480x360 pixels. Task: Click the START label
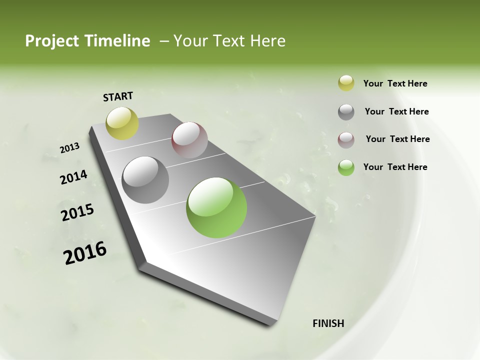(118, 96)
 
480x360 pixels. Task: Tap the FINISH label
(328, 323)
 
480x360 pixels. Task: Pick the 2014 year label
(73, 177)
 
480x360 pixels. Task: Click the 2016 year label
(85, 252)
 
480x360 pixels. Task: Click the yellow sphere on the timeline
(122, 123)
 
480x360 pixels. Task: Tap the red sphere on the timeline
(189, 140)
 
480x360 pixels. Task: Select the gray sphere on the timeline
(145, 179)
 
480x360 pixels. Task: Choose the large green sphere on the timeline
(216, 207)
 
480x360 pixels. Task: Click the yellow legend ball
(346, 83)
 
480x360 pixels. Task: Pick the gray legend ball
(346, 112)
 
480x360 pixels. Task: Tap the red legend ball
(346, 140)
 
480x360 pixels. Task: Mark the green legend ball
(346, 167)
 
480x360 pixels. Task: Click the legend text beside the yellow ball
(395, 84)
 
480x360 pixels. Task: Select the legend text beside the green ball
(395, 167)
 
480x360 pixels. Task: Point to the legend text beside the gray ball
(396, 111)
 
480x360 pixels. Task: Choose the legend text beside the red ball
(397, 139)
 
